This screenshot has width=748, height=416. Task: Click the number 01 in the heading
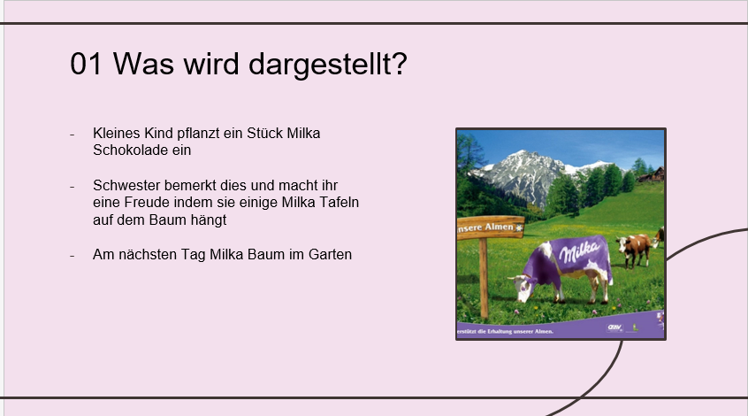86,64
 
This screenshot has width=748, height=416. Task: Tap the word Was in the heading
143,64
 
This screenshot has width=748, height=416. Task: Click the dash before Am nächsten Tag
72,256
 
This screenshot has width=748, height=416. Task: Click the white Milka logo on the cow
579,251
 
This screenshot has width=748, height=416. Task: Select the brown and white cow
633,249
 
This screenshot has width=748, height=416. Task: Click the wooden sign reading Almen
491,227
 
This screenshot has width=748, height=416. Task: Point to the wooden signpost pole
484,278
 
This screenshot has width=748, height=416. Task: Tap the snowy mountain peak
523,158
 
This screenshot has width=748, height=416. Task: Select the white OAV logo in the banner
614,327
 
